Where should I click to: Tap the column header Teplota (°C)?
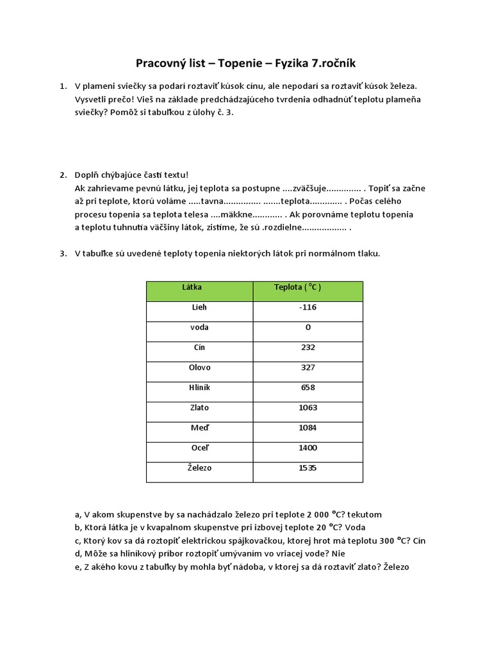click(x=298, y=288)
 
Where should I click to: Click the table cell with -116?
click(x=307, y=308)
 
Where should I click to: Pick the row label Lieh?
click(x=199, y=308)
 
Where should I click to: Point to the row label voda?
click(x=199, y=327)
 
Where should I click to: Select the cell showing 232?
click(x=308, y=347)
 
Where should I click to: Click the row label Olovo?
click(x=199, y=368)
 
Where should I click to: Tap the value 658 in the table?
click(x=308, y=388)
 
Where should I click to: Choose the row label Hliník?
click(x=199, y=388)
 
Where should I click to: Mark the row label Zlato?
click(x=199, y=407)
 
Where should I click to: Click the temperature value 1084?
click(x=308, y=428)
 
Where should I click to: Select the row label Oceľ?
click(x=199, y=448)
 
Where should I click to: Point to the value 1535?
click(x=308, y=468)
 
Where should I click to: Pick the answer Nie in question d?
click(x=339, y=554)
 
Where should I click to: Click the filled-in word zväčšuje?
click(x=309, y=189)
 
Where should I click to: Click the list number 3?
click(x=63, y=253)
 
